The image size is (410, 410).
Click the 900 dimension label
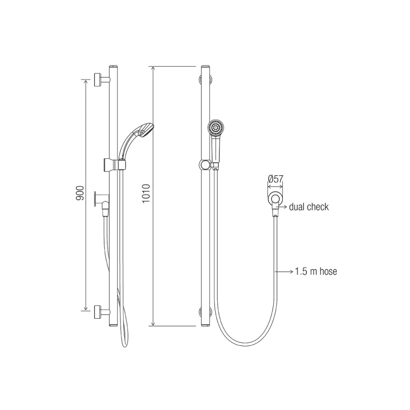pyautogui.click(x=80, y=193)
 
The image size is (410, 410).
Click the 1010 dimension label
pyautogui.click(x=146, y=194)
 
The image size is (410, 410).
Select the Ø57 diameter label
pyautogui.click(x=276, y=179)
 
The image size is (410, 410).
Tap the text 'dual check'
pyautogui.click(x=309, y=207)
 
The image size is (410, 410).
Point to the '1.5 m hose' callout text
pyautogui.click(x=316, y=272)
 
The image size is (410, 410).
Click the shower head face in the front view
pyautogui.click(x=216, y=128)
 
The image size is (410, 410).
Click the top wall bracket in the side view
pyautogui.click(x=101, y=79)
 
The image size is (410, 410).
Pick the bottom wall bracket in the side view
pyautogui.click(x=101, y=312)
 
